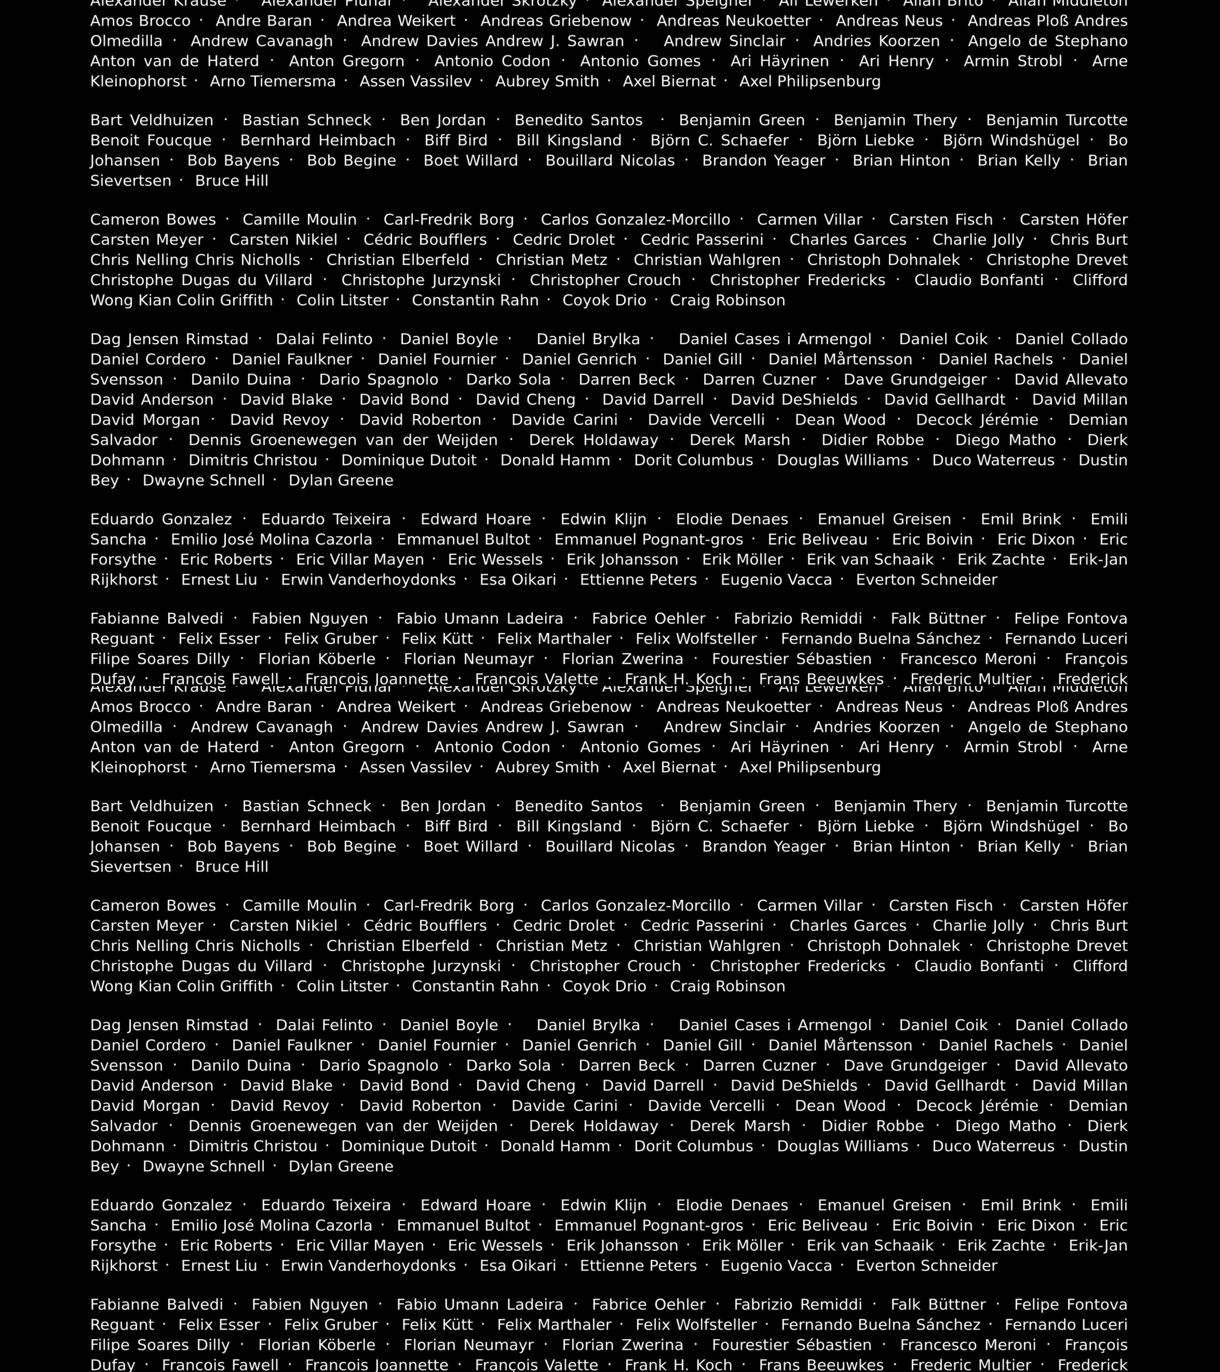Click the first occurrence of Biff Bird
point(456,140)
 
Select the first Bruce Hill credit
point(231,180)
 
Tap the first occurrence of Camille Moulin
point(300,220)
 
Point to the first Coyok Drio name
point(604,300)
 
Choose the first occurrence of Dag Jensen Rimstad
point(169,339)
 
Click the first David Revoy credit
point(279,420)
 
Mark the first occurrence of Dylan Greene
point(341,480)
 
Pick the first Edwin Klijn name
point(604,519)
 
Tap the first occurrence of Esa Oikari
point(518,579)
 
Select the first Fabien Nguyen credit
point(310,618)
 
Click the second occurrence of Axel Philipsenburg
point(810,767)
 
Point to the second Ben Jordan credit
point(443,806)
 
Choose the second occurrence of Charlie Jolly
point(978,926)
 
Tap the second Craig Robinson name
point(727,986)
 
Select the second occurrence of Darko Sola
point(508,1065)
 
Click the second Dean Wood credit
point(840,1106)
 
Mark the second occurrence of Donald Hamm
point(555,1146)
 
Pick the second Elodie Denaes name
point(732,1205)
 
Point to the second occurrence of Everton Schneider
point(927,1265)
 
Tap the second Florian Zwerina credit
point(623,1345)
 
